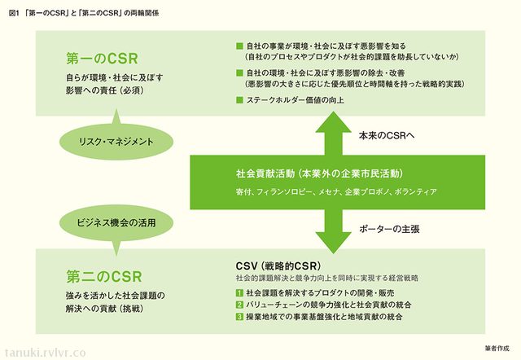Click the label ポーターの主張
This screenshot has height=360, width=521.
click(389, 230)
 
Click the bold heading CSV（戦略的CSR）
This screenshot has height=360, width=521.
click(278, 266)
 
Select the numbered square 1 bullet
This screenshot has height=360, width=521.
click(239, 292)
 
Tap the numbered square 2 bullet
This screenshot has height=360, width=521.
click(239, 304)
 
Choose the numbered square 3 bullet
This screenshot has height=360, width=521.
click(239, 316)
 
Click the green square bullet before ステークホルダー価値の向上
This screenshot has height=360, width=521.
click(239, 100)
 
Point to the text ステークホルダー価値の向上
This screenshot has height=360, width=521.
click(293, 100)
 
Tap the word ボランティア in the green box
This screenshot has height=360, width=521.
click(417, 191)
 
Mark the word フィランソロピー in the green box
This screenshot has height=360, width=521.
click(284, 191)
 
